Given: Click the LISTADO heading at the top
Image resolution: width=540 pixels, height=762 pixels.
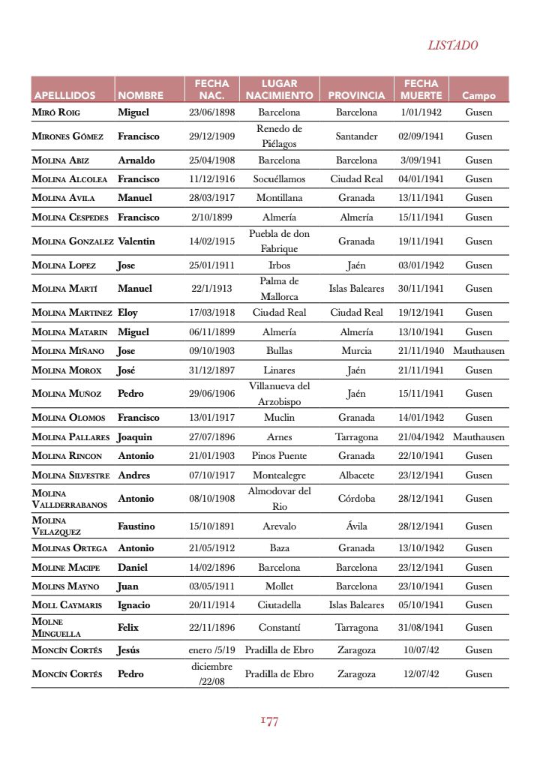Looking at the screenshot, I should pos(452,45).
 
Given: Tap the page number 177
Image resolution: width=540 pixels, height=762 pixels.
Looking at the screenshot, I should pos(270,721).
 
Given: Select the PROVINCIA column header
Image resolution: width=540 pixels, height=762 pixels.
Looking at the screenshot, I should pos(356,96).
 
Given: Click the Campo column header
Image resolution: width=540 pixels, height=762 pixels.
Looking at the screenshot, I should pos(478,96).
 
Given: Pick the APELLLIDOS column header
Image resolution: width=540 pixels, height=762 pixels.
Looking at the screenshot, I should pos(64,96).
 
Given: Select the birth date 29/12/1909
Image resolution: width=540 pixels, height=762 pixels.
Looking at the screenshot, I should pos(212,136).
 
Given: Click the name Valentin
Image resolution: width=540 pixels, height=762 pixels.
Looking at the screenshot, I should pos(136,241).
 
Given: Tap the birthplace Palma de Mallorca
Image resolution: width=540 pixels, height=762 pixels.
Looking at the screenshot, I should pos(279,289).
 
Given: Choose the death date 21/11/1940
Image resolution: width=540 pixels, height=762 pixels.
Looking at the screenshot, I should pos(421,351).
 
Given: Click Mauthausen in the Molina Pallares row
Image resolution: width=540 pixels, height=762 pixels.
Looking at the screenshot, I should pos(478,437).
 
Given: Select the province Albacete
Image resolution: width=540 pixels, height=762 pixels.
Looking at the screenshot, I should pos(356,475).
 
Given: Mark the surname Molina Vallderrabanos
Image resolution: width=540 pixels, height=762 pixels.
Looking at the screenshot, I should pos(70,499).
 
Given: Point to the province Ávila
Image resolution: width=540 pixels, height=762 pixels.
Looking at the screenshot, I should pos(356,526).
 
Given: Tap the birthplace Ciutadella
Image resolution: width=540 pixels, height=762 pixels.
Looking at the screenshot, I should pos(279,605).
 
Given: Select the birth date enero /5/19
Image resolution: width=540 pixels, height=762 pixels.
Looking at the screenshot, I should pos(212,650).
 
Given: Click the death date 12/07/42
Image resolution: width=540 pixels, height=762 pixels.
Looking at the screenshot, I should pos(421,674).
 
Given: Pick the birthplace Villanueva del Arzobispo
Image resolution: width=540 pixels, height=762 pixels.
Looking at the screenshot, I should pos(279,394).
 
